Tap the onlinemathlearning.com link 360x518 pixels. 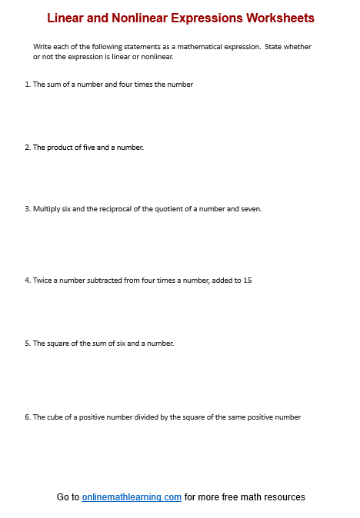click(x=132, y=497)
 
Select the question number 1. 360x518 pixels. click(x=27, y=85)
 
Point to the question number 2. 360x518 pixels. click(x=27, y=147)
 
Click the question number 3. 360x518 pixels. click(x=27, y=209)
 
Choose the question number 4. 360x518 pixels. click(x=27, y=281)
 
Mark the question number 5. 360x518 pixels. click(x=27, y=344)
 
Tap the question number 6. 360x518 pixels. click(x=27, y=417)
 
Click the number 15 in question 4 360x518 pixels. click(x=247, y=281)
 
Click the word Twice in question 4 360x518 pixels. click(x=42, y=281)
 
